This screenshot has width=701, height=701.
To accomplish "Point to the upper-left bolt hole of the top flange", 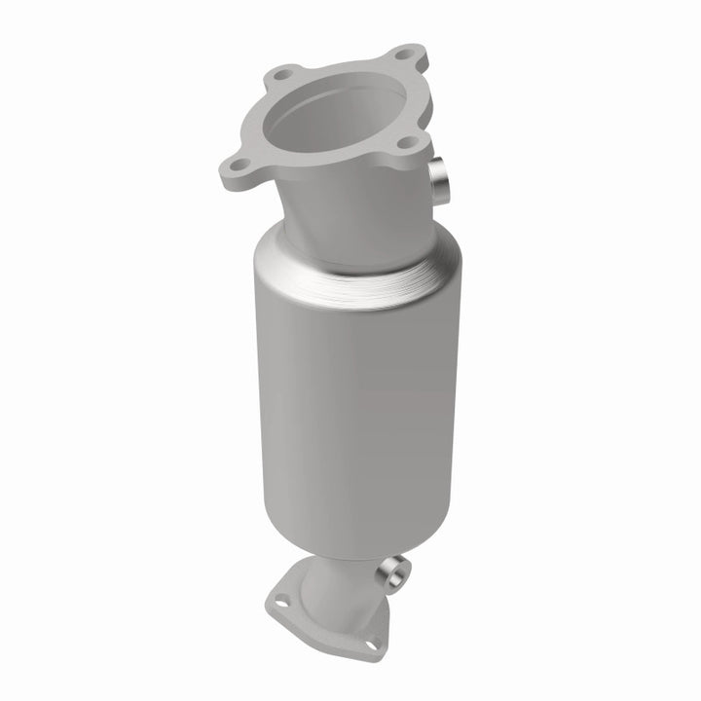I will [283, 74].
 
